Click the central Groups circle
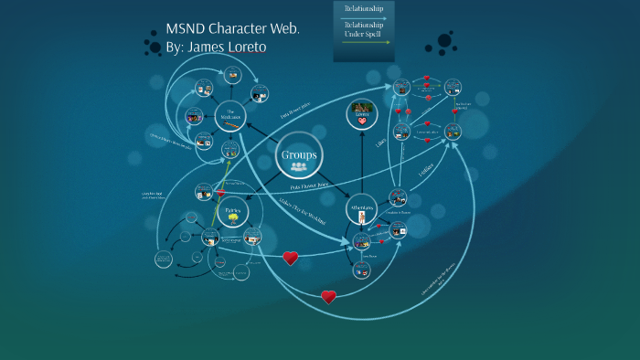tap(299, 156)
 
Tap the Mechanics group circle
tap(231, 115)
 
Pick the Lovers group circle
tap(361, 115)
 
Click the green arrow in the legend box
tap(365, 42)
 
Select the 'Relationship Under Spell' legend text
tap(365, 30)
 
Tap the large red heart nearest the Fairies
tap(290, 258)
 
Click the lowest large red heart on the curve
tap(328, 296)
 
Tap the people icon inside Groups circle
tap(299, 166)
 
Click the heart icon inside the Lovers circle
tap(361, 121)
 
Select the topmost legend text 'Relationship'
tap(365, 8)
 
